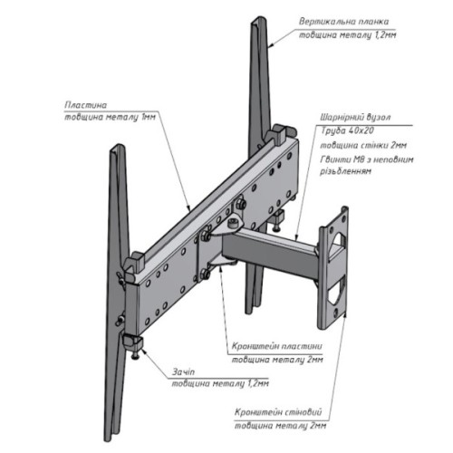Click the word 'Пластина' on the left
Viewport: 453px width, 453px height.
(x=86, y=104)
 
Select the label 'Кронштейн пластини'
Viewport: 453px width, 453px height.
(x=272, y=345)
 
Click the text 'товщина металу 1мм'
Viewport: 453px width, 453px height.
(x=106, y=118)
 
